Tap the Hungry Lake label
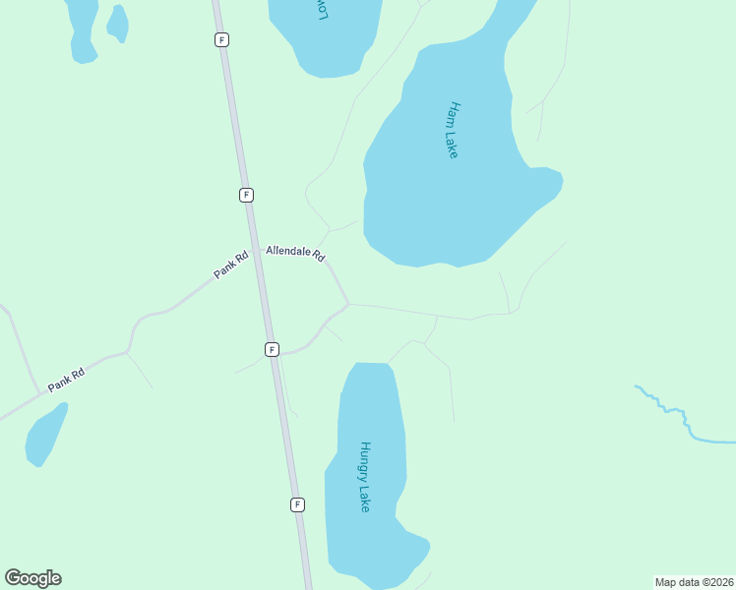click(364, 476)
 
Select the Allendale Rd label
click(295, 254)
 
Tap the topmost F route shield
click(222, 39)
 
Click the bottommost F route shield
click(297, 504)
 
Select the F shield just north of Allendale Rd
click(246, 195)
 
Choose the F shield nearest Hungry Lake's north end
click(272, 349)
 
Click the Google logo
click(32, 578)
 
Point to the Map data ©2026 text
click(694, 582)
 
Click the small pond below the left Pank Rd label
click(45, 436)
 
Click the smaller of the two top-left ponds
click(117, 23)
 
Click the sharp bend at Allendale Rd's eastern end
click(348, 304)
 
